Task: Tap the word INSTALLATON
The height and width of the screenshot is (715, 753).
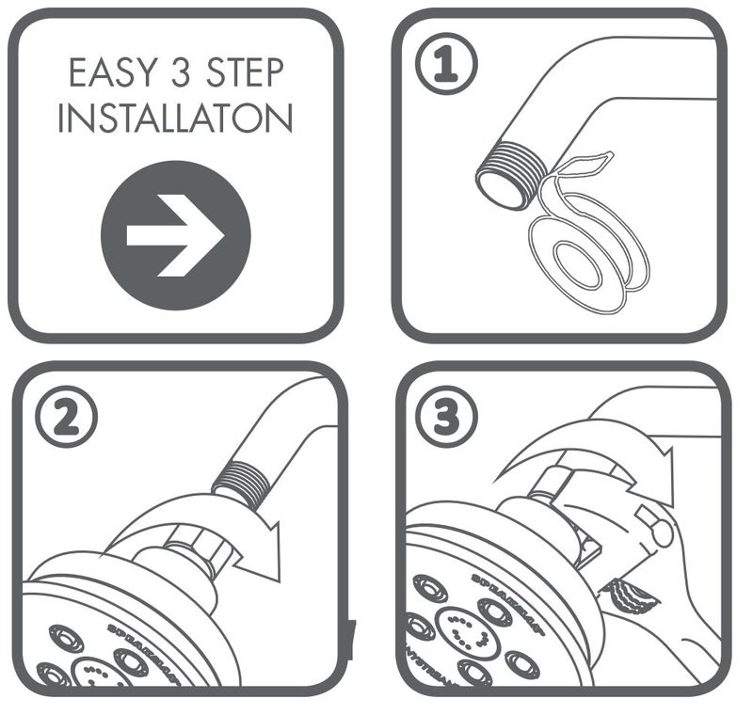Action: (175, 119)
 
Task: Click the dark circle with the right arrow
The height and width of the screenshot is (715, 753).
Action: (175, 235)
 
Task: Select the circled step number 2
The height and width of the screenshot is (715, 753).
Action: (66, 418)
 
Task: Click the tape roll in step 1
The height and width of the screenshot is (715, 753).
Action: (584, 254)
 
